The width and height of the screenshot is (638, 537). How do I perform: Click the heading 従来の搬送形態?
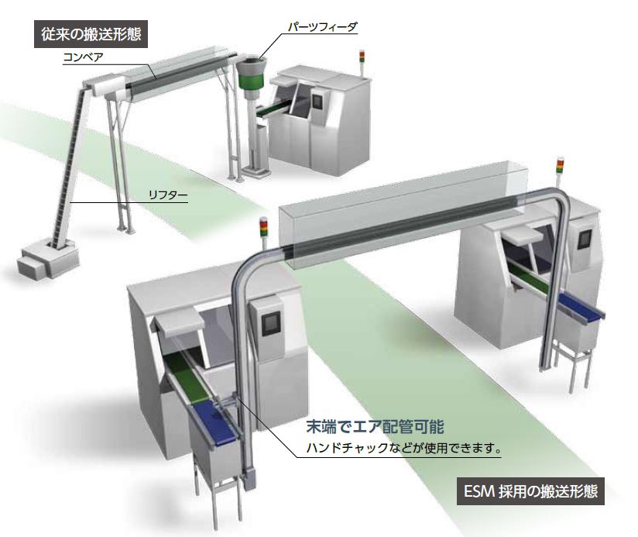91,34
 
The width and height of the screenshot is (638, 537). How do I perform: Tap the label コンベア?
83,57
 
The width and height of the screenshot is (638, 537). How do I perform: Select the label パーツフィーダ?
322,27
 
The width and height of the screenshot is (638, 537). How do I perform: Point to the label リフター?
168,195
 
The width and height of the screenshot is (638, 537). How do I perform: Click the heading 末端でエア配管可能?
375,427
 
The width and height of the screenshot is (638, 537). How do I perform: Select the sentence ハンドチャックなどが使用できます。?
403,448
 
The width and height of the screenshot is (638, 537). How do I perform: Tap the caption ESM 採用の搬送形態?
530,491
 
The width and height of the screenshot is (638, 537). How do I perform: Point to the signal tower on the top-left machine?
362,63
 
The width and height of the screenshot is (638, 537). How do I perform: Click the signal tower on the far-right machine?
561,172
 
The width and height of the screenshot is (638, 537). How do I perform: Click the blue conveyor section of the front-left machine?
215,422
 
